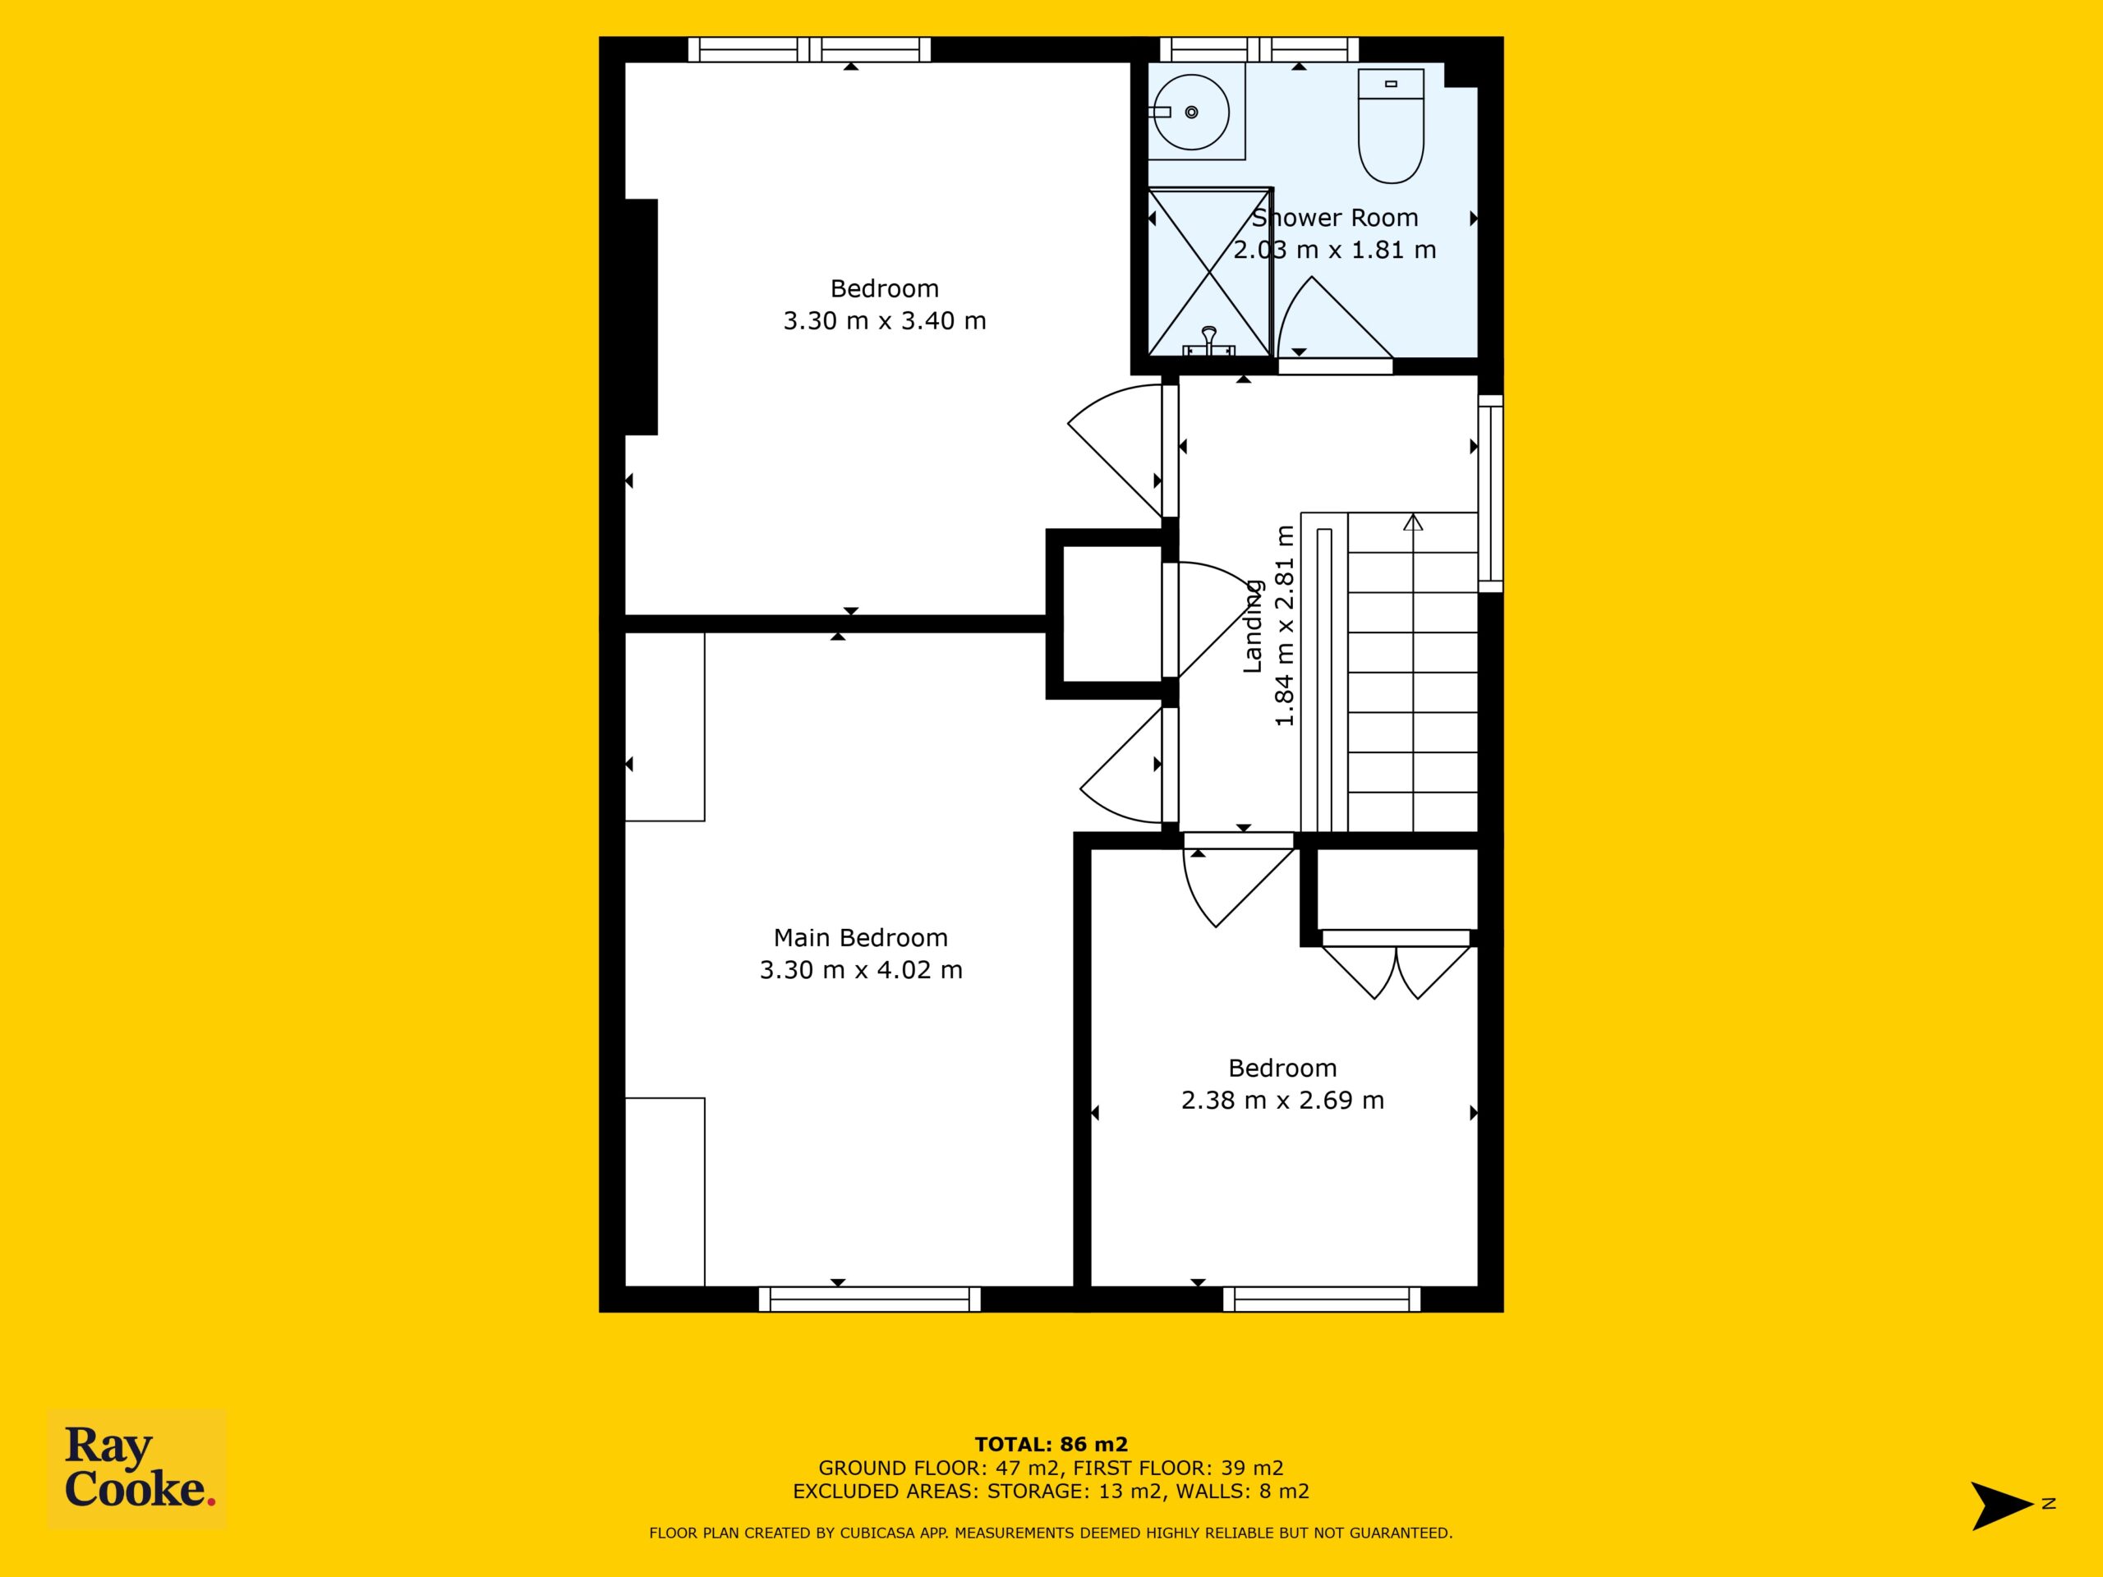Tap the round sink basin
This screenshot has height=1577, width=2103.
(1190, 113)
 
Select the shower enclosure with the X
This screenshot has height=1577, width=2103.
(1209, 272)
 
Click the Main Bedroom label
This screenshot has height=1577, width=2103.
(860, 937)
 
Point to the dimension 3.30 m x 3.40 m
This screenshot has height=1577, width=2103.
(884, 320)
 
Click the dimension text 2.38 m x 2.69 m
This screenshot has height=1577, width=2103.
(1282, 1100)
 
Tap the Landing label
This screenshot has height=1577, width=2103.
(1253, 627)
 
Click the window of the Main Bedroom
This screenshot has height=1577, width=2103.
(870, 1299)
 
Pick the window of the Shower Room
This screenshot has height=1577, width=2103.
(1259, 49)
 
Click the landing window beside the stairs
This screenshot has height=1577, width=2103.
(1490, 494)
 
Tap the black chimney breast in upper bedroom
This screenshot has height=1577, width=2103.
(641, 316)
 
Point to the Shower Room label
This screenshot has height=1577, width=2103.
(1335, 218)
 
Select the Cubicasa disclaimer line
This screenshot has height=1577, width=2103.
(1051, 1533)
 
